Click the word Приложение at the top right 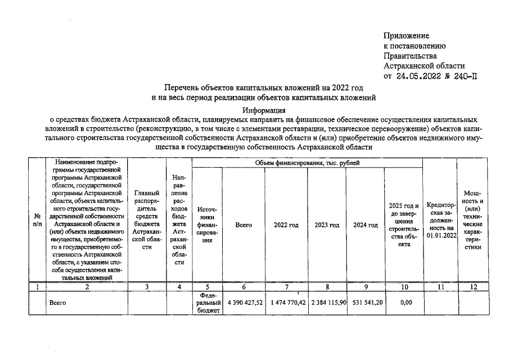point(406,35)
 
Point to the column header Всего point(244,225)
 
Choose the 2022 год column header point(286,225)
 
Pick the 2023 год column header point(327,225)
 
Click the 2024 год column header point(365,225)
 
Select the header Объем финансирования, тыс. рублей point(307,163)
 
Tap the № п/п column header point(37,220)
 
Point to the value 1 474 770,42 point(287,303)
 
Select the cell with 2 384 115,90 point(327,303)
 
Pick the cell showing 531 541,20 point(366,303)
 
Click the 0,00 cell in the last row point(403,303)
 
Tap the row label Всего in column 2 point(58,303)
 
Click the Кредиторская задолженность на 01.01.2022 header point(440,220)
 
